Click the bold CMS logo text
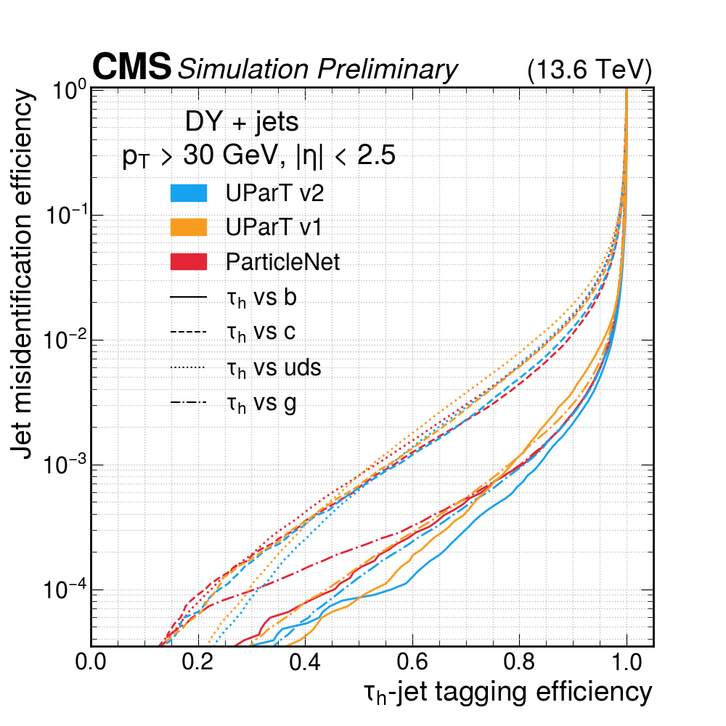tap(131, 68)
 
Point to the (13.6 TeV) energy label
tap(589, 70)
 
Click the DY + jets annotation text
tap(242, 122)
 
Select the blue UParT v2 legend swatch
tap(188, 193)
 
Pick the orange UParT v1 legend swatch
tap(188, 227)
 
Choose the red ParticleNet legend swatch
tap(188, 261)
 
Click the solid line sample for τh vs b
tap(188, 297)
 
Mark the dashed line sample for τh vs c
tap(188, 332)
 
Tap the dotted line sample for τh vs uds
tap(188, 368)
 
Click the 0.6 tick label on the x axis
tap(412, 663)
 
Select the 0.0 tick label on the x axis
tap(91, 663)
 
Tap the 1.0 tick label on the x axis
tap(627, 663)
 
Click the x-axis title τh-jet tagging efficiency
tap(507, 692)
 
